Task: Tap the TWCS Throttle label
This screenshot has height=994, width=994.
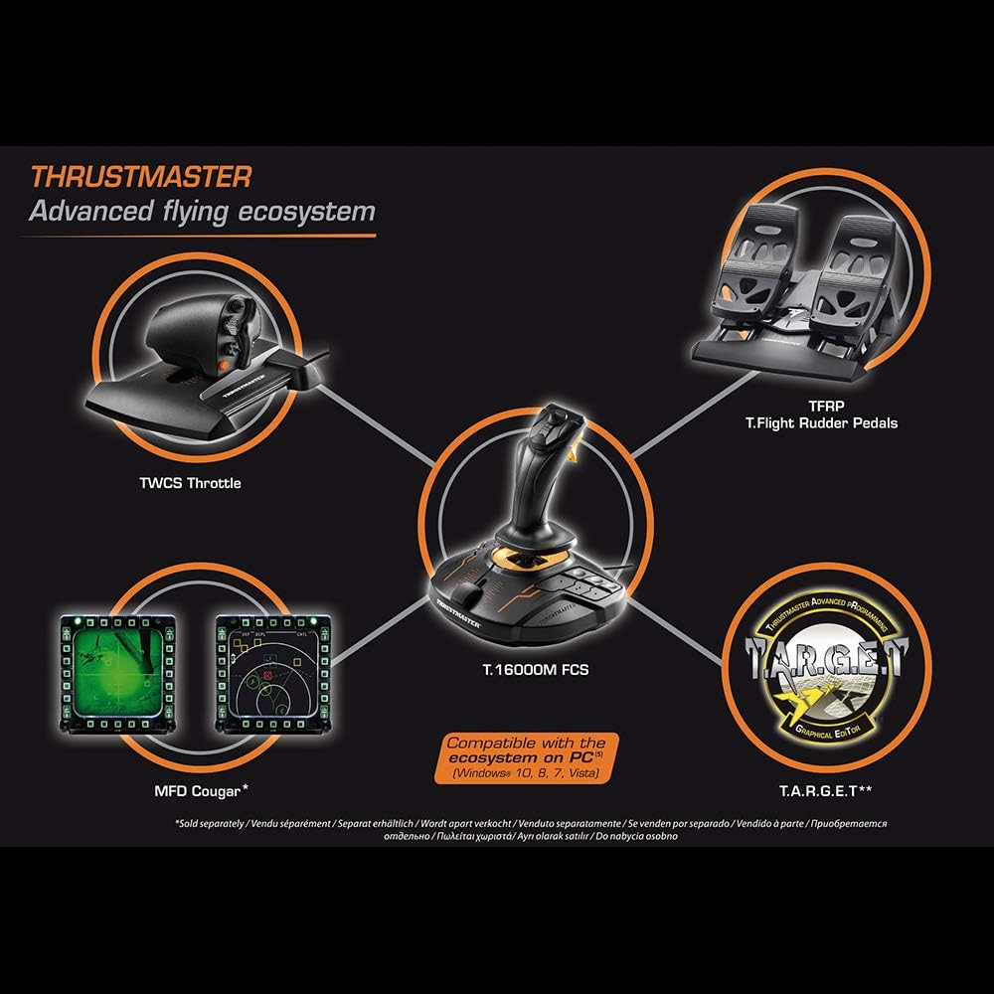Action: (x=189, y=484)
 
